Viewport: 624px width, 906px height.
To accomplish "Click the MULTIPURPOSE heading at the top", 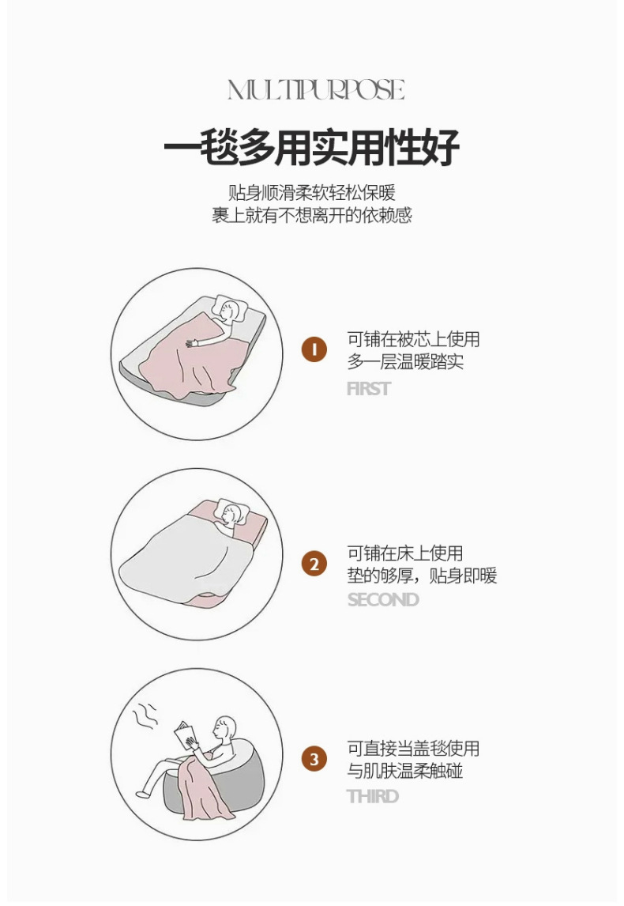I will [x=316, y=90].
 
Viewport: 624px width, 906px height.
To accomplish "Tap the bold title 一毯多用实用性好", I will [x=311, y=147].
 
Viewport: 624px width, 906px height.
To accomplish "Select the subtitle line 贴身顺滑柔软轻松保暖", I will [x=311, y=192].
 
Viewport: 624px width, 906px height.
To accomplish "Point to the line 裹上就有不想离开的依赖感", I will [x=311, y=215].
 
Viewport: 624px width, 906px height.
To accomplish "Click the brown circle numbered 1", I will [x=314, y=349].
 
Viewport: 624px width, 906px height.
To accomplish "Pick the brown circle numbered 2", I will [x=314, y=564].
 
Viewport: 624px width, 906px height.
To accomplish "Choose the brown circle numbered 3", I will [x=314, y=760].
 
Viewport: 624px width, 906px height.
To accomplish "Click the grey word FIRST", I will [x=368, y=389].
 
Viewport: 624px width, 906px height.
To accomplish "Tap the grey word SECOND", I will [x=383, y=600].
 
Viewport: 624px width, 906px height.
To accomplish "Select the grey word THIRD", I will [x=372, y=796].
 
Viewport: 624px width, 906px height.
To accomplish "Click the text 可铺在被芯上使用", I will [x=413, y=340].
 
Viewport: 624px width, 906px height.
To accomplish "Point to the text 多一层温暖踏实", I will [x=404, y=363].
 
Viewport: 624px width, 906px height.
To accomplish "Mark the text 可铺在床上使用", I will [x=404, y=553].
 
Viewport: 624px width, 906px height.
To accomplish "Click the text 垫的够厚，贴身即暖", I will [x=422, y=576].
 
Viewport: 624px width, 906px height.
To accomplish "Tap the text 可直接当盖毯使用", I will [x=413, y=749].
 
